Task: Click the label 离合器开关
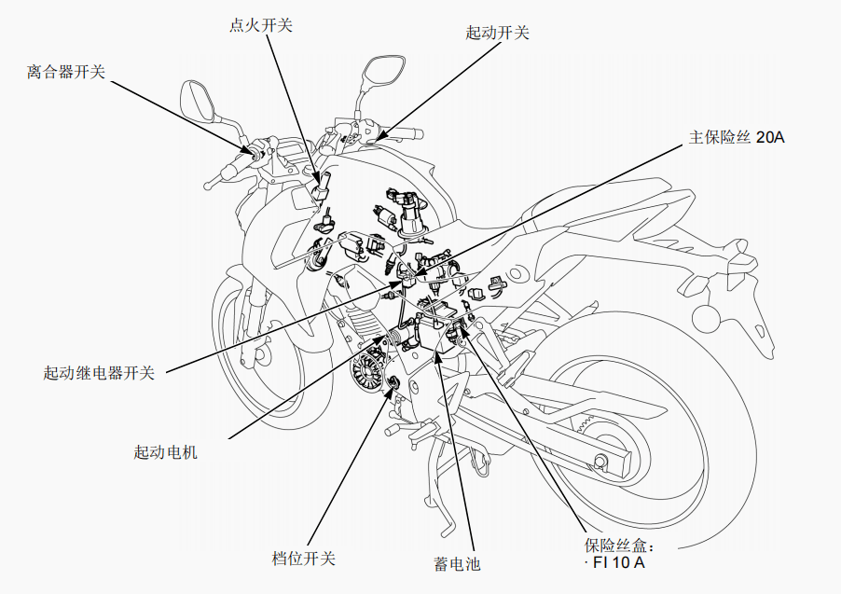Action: click(x=65, y=71)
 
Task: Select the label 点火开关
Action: click(x=260, y=25)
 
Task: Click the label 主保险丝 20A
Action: click(x=737, y=137)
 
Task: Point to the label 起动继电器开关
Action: click(x=98, y=373)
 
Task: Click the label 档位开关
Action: click(x=303, y=559)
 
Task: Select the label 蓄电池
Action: click(x=457, y=563)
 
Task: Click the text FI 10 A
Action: click(x=616, y=563)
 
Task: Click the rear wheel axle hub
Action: click(x=601, y=460)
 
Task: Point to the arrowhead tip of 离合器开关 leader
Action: click(x=252, y=149)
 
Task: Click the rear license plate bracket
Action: click(x=760, y=322)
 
